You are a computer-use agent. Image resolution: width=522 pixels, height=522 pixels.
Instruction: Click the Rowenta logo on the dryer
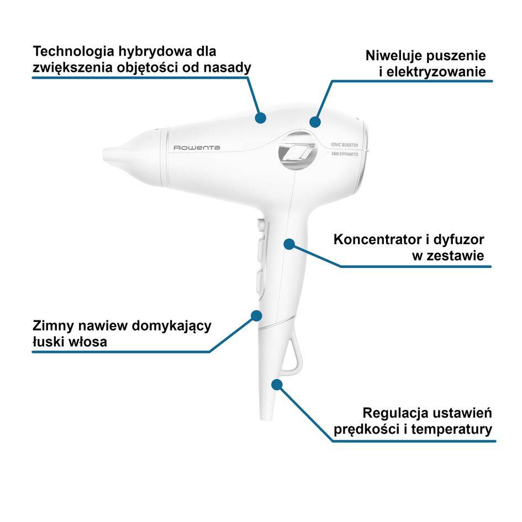[197, 147]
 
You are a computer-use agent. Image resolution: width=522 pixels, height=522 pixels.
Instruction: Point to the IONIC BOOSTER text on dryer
[345, 144]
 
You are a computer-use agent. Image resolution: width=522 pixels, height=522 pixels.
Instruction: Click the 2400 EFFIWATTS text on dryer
[345, 154]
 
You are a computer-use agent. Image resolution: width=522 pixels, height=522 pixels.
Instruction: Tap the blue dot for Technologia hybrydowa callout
[261, 117]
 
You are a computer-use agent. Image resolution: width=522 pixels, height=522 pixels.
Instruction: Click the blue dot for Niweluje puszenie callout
[315, 122]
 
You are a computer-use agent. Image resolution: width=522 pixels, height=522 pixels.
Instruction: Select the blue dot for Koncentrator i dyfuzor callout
[289, 244]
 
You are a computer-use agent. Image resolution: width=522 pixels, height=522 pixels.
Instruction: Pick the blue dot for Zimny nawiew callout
[256, 315]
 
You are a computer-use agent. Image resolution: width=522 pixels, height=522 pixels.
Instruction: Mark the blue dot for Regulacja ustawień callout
[277, 383]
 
